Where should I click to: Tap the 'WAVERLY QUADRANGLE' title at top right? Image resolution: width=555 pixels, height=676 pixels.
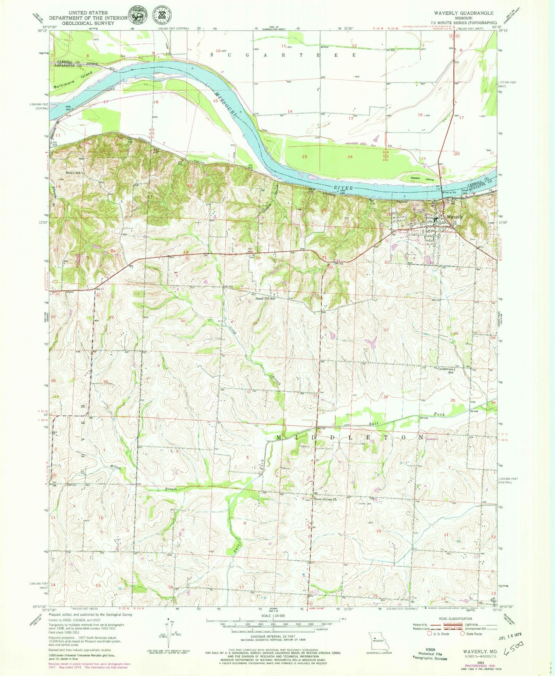(464, 13)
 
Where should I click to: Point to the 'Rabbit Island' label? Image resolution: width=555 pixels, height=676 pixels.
(422, 179)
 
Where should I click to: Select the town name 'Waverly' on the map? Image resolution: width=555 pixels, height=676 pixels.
(454, 217)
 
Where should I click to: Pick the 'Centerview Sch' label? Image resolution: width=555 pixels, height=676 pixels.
(447, 370)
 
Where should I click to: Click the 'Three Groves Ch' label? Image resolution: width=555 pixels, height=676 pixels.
(325, 500)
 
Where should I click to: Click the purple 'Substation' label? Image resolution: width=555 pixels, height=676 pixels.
(432, 439)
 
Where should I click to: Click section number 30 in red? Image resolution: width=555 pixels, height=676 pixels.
(183, 321)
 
